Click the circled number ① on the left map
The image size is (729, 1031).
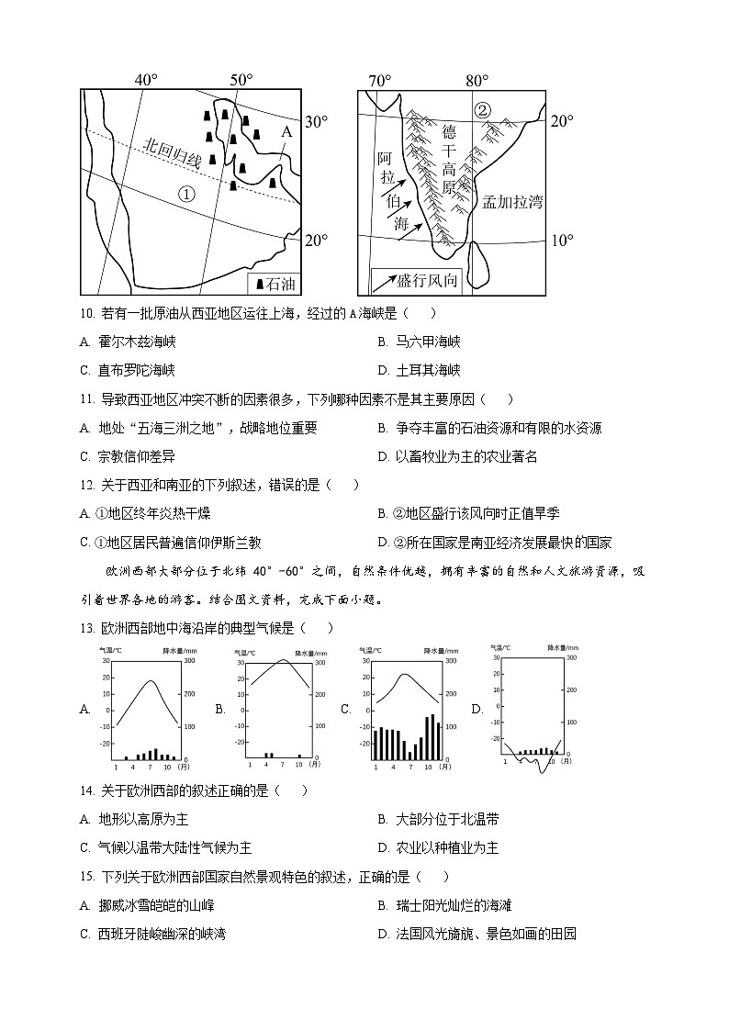tap(186, 194)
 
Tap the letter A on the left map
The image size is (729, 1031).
tap(286, 132)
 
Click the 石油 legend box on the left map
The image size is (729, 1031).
tap(275, 284)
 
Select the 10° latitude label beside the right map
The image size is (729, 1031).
tap(562, 241)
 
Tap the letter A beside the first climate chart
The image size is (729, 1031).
tap(85, 709)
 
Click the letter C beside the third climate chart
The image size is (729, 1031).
tap(346, 709)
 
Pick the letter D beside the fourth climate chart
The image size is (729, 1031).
tap(477, 709)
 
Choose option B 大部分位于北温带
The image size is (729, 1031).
tap(438, 819)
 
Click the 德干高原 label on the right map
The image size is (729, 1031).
tap(449, 159)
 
